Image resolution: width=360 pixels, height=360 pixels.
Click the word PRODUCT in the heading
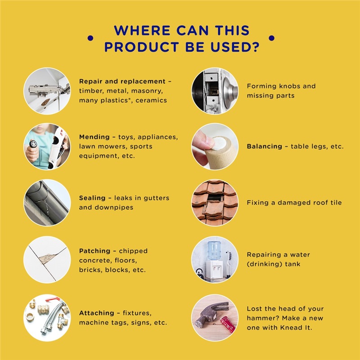coord(141,47)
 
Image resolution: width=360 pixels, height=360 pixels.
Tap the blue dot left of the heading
coord(90,38)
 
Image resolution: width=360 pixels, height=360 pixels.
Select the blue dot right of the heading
coord(271,38)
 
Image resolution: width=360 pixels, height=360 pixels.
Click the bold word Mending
coord(94,137)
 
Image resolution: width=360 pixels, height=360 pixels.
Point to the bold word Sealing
coord(92,198)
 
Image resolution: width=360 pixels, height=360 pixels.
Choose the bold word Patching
coord(94,251)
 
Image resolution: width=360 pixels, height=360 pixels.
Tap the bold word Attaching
coord(97,313)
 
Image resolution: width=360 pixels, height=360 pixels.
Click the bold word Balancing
coord(265,147)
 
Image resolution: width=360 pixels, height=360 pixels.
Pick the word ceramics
coord(151,100)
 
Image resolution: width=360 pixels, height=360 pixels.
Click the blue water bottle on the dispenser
coord(214,250)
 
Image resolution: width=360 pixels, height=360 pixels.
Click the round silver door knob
coord(229,91)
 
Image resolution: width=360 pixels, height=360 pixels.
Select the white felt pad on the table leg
coord(219,143)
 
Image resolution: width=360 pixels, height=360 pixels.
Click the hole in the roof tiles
coord(215,198)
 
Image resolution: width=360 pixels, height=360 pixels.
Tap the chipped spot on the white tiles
coord(48,258)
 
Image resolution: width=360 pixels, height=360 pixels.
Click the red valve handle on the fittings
coord(53,299)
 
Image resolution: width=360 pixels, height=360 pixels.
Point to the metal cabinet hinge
coord(49,89)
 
